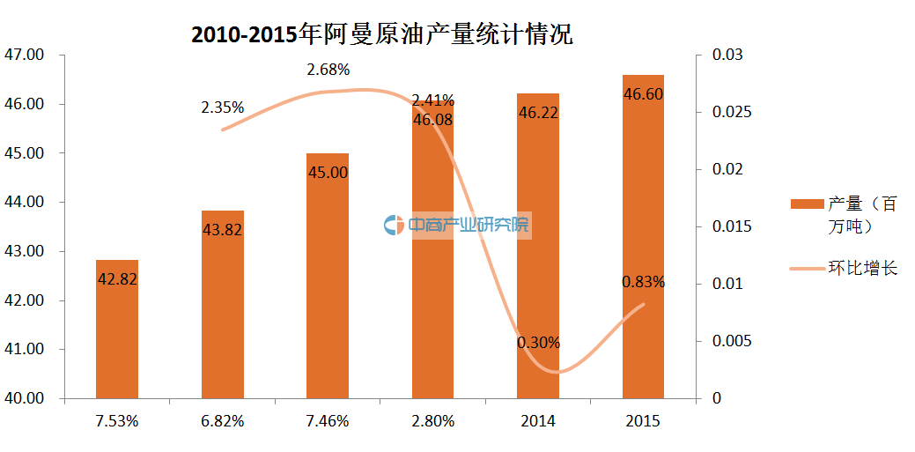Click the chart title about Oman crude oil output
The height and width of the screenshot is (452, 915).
click(382, 35)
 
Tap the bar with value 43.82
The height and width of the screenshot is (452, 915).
click(222, 304)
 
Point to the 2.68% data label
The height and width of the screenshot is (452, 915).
click(328, 69)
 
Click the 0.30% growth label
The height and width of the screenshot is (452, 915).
click(538, 343)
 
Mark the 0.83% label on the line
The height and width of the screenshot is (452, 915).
click(643, 283)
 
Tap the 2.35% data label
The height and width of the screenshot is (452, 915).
click(222, 108)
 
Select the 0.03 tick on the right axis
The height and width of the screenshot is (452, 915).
click(728, 55)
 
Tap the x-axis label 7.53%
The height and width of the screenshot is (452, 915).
click(117, 421)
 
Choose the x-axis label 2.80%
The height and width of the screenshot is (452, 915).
click(432, 421)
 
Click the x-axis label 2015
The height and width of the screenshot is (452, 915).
click(643, 421)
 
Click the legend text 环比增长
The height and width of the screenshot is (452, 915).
click(862, 268)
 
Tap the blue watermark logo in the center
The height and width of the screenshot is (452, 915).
click(394, 226)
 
